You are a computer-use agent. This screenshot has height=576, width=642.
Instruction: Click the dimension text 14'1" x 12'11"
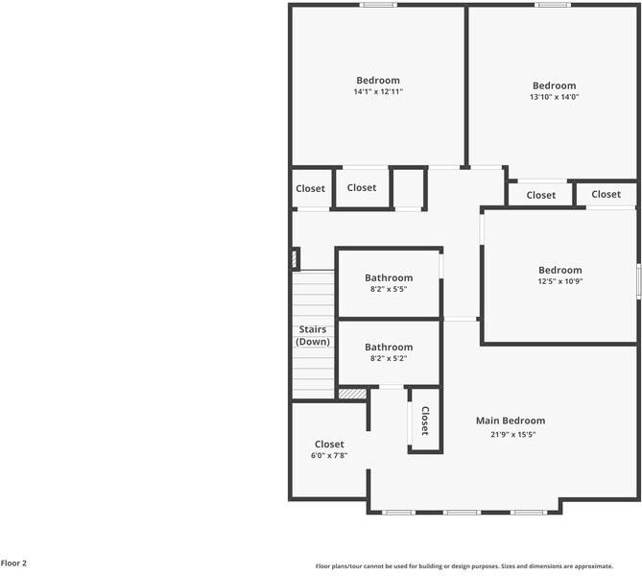(x=377, y=92)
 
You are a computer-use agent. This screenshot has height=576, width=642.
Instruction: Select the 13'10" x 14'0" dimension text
(x=554, y=97)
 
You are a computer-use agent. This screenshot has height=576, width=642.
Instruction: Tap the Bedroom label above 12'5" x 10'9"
(x=559, y=270)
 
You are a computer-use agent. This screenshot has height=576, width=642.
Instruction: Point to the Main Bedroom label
(x=511, y=420)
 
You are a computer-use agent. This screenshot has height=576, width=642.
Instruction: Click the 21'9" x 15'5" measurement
(x=511, y=434)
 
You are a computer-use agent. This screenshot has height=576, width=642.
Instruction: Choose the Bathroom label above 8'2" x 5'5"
(x=389, y=277)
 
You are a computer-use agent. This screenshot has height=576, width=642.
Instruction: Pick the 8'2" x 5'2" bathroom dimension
(x=389, y=359)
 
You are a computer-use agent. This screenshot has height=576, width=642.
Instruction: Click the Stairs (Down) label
(x=313, y=335)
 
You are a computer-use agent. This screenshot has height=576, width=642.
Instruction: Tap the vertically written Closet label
(x=424, y=420)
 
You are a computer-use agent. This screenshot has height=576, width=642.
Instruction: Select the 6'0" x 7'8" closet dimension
(x=329, y=456)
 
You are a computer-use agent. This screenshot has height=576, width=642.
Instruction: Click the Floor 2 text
(x=13, y=564)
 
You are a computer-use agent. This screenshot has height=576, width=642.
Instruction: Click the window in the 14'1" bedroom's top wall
(x=378, y=5)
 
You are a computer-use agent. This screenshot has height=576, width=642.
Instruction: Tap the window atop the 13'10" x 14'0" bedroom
(x=553, y=5)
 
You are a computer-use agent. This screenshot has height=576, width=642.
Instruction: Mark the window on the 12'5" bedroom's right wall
(x=638, y=281)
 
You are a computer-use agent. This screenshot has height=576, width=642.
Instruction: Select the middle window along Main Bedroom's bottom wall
(x=463, y=512)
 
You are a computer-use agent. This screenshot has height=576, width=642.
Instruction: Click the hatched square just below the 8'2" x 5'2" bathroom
(x=352, y=393)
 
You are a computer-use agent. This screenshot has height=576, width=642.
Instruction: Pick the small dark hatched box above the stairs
(x=296, y=258)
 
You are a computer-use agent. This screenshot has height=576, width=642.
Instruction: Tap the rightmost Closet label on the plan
(x=606, y=194)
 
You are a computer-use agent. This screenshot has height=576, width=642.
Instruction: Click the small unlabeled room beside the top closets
(x=409, y=187)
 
